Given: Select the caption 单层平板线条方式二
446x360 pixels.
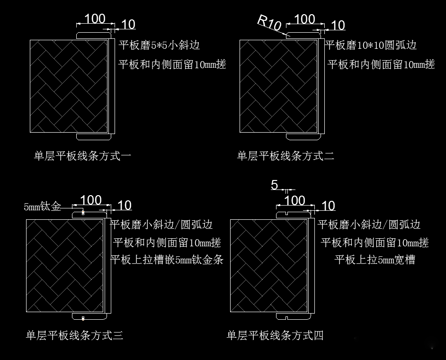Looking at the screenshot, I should [285, 156].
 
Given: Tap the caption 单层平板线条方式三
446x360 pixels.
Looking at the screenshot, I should [74, 336].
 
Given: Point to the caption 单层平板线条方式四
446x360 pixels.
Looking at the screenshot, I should [275, 336].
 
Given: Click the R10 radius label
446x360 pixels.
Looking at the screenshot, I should [269, 22].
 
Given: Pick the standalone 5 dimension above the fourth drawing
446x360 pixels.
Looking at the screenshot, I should [275, 185].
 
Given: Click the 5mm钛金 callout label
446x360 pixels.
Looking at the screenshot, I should [43, 207].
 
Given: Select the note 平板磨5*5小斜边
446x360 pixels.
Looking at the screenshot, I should [159, 45].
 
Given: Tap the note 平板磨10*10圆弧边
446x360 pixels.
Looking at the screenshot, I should [372, 45].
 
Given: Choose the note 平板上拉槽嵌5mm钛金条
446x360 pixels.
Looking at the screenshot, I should [166, 260].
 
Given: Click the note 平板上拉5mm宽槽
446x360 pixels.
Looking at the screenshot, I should [375, 260].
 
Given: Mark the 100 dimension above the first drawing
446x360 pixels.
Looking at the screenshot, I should [95, 19].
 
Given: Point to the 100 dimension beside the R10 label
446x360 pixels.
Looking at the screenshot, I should [304, 19].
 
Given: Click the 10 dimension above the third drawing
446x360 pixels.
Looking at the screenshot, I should [124, 206].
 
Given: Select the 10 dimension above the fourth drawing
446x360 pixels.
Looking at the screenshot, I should [328, 206].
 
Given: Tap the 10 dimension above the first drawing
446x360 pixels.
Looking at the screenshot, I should [128, 25].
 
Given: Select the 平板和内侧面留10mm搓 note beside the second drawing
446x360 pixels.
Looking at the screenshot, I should [381, 64].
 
